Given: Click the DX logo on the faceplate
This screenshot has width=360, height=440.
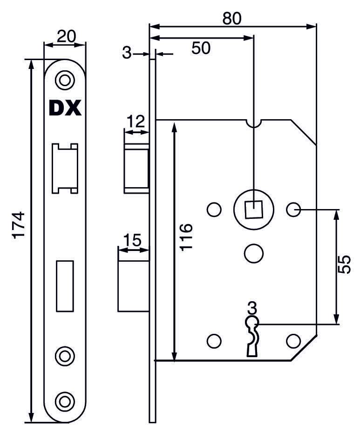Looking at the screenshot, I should click(x=65, y=108).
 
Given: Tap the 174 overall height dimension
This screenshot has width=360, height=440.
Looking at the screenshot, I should click(x=18, y=225).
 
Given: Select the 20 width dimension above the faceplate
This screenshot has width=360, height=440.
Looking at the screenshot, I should click(x=65, y=36).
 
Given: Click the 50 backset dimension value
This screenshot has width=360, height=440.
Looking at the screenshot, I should click(x=201, y=48).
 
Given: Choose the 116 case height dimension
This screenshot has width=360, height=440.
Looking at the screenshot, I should click(x=186, y=237).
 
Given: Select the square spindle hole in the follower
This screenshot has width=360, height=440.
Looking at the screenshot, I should click(x=252, y=210).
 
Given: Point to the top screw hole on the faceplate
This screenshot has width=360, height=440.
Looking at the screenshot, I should click(x=65, y=80).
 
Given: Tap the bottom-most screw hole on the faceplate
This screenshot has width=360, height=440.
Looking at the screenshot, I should click(x=65, y=400).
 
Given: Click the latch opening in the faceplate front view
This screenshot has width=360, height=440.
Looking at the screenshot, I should click(x=65, y=168).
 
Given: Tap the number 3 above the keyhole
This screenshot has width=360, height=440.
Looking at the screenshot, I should click(x=252, y=308).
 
